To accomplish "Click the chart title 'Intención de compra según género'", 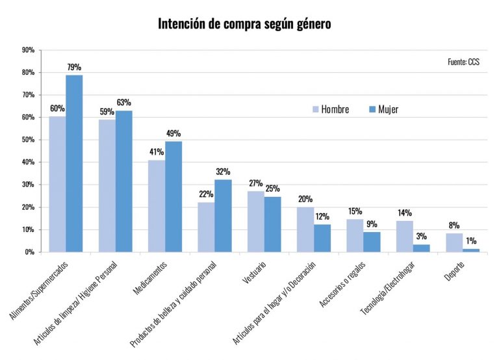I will pos(245,25).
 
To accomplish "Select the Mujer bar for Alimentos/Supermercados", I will pos(74,163).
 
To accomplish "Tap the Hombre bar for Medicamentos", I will pos(157,205).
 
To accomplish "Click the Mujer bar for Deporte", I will pos(471,250).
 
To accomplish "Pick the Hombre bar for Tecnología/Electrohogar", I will pos(404,236).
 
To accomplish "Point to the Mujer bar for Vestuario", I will pos(272,224).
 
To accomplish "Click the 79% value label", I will pos(73,68).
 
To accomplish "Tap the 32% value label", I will pos(224,172).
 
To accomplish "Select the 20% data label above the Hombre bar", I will pos(305,199).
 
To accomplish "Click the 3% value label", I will pos(422,237).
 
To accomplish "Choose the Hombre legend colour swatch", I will pos(316,109).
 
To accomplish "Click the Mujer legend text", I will pos(388,109).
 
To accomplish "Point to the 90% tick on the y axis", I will pos(28,50).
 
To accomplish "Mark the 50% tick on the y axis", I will pos(28,140).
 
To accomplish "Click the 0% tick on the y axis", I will pos(30,252).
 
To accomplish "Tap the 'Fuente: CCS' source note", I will pos(464,62).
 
